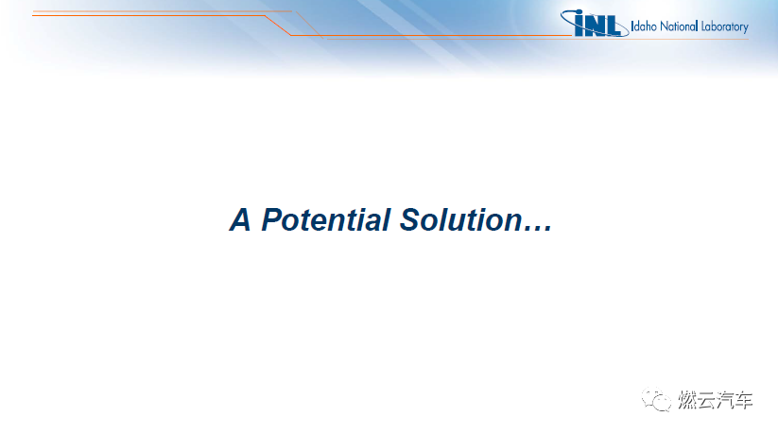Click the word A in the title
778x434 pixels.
click(240, 220)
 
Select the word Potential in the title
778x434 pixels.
click(326, 220)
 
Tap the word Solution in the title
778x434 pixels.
click(461, 220)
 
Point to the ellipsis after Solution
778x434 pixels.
click(538, 229)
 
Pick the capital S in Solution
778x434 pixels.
click(411, 220)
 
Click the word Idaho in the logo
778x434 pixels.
click(644, 26)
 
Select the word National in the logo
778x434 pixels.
click(679, 26)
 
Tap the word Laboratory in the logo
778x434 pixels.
click(725, 26)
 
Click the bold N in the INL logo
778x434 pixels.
click(596, 26)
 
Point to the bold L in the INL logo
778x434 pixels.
click(614, 26)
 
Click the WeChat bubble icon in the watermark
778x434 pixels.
click(656, 399)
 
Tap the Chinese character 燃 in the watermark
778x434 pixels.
click(687, 400)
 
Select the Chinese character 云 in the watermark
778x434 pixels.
click(706, 400)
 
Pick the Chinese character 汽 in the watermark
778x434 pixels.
click(725, 400)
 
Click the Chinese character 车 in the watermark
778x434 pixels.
click(744, 400)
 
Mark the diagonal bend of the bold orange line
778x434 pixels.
click(278, 26)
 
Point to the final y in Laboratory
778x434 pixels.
click(745, 28)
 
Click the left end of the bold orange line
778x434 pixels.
click(33, 15)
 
